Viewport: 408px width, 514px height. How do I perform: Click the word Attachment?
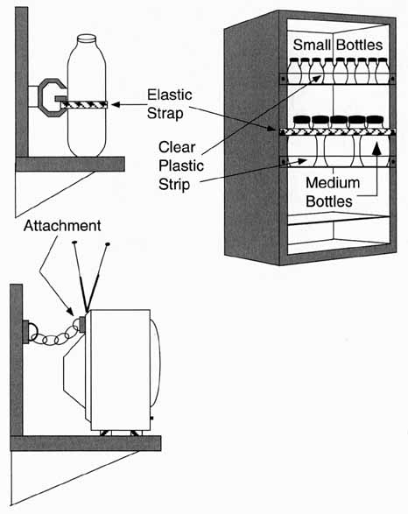pos(62,226)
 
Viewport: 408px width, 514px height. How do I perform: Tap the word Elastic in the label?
pos(170,95)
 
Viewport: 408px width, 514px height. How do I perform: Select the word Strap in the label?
pos(165,114)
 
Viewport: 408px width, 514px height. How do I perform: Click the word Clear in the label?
pos(177,147)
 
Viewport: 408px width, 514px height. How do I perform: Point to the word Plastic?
pos(181,165)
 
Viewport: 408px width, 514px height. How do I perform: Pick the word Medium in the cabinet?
pos(333,183)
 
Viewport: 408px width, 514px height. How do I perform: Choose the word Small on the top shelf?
pos(312,45)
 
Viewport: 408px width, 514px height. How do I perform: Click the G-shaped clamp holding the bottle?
pos(52,98)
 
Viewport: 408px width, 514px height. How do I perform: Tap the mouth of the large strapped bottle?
pos(87,39)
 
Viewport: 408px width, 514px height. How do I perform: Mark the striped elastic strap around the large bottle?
pos(84,104)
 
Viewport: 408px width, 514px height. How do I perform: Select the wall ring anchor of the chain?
pos(30,331)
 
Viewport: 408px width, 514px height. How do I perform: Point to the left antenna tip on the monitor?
pos(74,243)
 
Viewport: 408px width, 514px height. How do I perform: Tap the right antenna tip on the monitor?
pos(107,244)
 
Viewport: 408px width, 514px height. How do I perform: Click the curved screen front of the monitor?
pos(157,364)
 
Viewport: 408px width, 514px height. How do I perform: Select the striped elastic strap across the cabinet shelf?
pos(337,131)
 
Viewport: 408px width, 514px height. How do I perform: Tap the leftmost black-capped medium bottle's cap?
pos(301,121)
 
